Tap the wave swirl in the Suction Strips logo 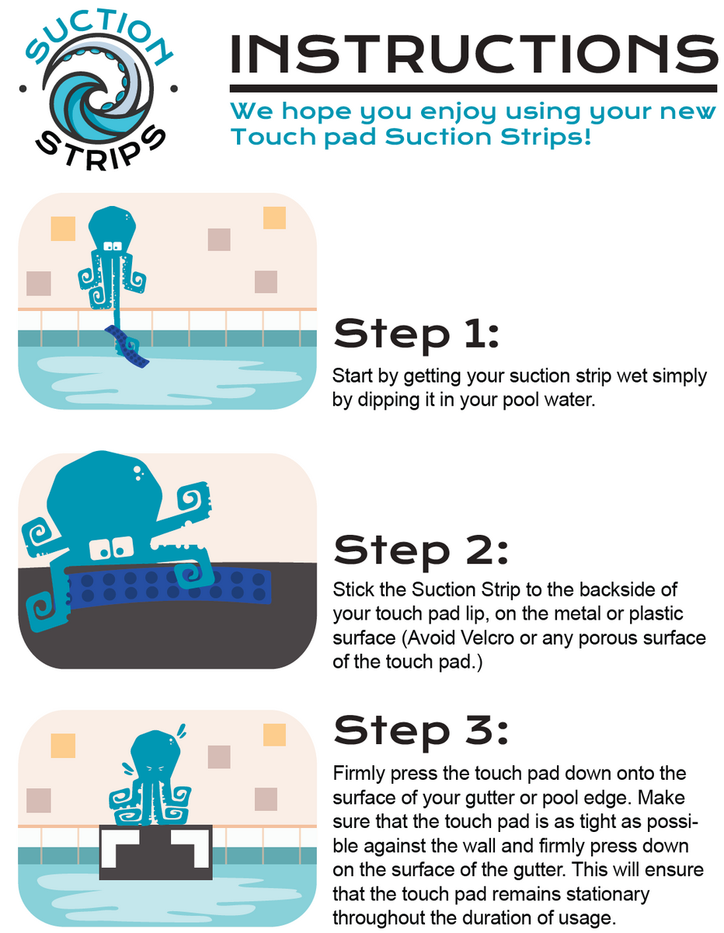(97, 89)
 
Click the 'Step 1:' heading (416, 334)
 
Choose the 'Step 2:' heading (420, 550)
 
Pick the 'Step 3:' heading (420, 731)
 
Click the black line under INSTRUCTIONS (473, 88)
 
